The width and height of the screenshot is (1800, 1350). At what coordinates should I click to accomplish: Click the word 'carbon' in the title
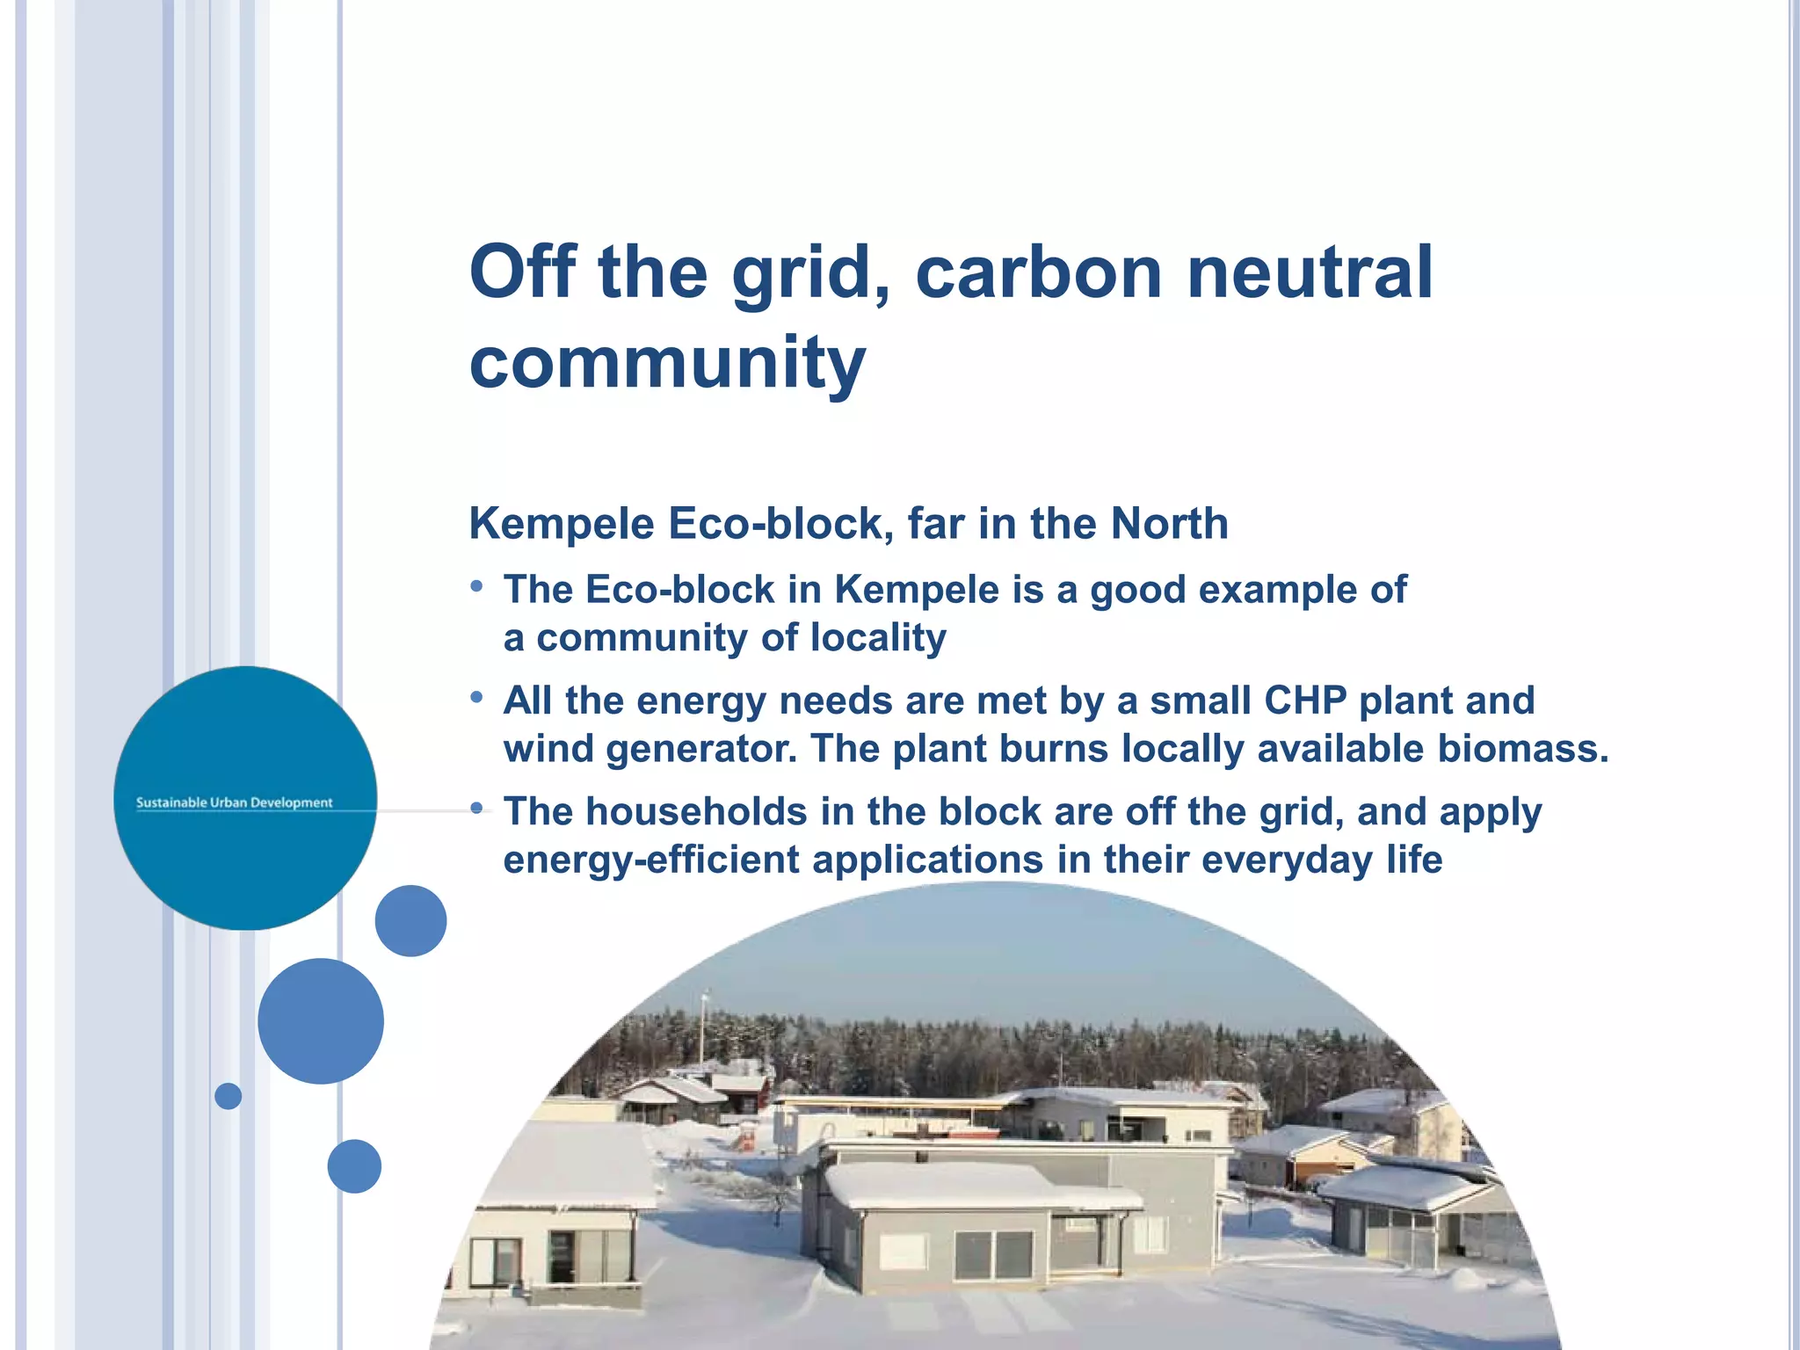(1037, 272)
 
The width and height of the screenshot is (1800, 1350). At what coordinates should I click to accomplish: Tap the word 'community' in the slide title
(668, 362)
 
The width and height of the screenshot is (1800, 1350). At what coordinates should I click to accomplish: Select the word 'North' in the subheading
(1169, 524)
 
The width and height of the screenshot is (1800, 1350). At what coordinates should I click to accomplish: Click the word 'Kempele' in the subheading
(562, 524)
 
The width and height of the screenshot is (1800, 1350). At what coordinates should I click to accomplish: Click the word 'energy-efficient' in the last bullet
(650, 860)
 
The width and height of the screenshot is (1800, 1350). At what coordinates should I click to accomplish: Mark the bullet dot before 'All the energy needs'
(476, 698)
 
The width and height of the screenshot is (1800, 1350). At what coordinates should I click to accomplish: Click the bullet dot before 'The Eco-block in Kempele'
(476, 586)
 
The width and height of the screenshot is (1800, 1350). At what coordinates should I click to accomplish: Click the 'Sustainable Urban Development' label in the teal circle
(234, 802)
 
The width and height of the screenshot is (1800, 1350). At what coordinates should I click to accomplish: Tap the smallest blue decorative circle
(228, 1096)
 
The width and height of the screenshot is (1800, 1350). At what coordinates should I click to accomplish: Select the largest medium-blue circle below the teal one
(321, 1020)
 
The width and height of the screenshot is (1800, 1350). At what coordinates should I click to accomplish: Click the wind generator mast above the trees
(703, 1028)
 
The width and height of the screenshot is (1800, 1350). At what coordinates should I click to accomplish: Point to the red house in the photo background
(743, 1094)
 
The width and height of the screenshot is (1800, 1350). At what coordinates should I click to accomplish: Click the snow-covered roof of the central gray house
(976, 1182)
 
